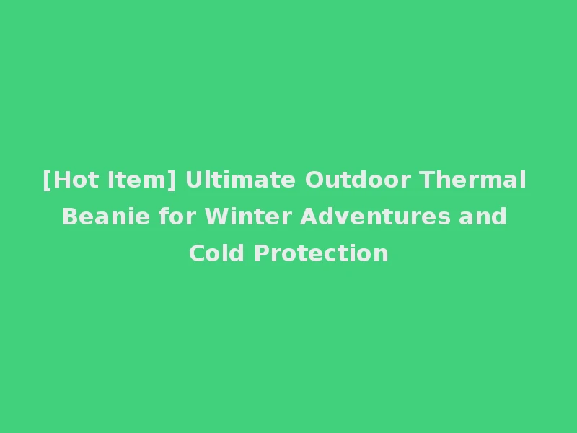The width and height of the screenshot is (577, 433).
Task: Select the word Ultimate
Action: tap(240, 180)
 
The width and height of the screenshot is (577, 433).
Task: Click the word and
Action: tap(484, 216)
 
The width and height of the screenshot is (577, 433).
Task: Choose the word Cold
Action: tap(218, 253)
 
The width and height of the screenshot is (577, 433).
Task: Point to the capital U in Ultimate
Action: tap(193, 180)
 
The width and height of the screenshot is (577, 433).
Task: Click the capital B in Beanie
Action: tap(70, 216)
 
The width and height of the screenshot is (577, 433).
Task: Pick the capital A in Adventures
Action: tap(309, 216)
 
